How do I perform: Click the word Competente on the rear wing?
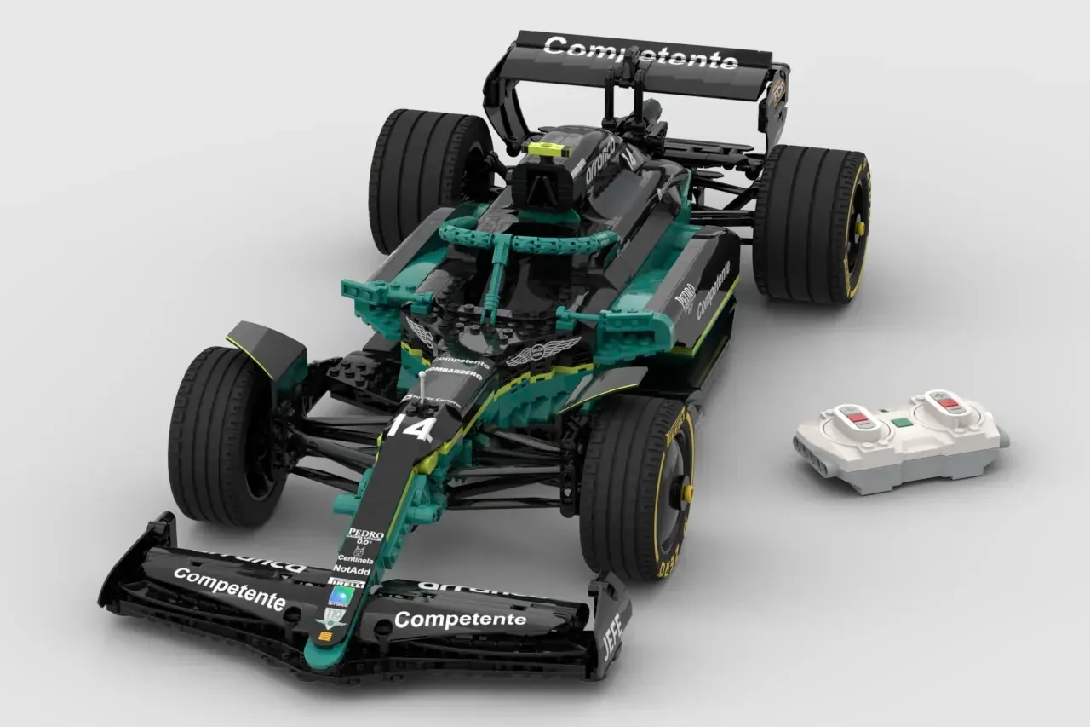(x=640, y=53)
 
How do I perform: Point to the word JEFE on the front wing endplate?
(x=611, y=635)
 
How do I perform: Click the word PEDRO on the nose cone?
(x=365, y=534)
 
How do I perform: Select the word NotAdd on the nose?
(x=352, y=569)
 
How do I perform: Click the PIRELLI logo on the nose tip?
(x=345, y=583)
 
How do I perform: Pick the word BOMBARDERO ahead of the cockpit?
(x=456, y=373)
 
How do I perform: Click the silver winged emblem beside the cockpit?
(x=542, y=350)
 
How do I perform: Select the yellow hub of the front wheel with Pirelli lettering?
(x=686, y=493)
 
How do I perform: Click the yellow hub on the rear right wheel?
(x=860, y=228)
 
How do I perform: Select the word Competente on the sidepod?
(x=713, y=289)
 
